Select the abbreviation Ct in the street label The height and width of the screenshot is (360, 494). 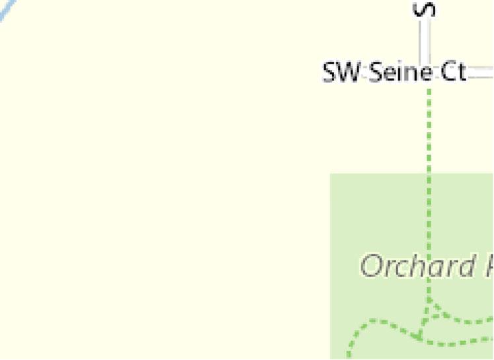[x=453, y=72]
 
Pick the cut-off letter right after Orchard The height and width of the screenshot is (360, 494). [x=487, y=266]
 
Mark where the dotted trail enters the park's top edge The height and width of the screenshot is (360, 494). [x=430, y=174]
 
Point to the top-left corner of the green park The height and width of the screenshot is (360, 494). [x=331, y=174]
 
